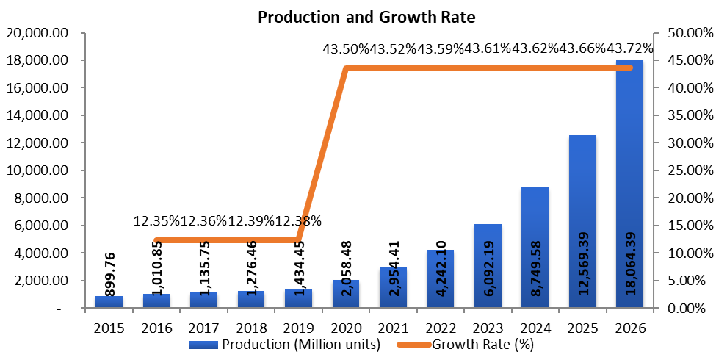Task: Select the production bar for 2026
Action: pyautogui.click(x=629, y=184)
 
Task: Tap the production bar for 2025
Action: pyautogui.click(x=582, y=220)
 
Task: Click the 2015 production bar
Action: pyautogui.click(x=109, y=302)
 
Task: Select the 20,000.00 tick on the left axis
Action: pyautogui.click(x=37, y=33)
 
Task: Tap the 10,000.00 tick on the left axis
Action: pyautogui.click(x=37, y=170)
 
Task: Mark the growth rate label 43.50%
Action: pyautogui.click(x=345, y=48)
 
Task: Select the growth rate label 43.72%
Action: pyautogui.click(x=630, y=48)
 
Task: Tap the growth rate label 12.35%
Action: pyautogui.click(x=157, y=220)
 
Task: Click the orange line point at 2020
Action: pyautogui.click(x=346, y=69)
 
